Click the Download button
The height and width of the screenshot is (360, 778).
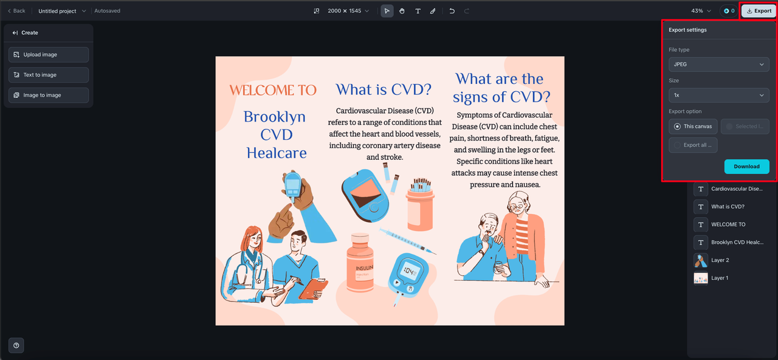pyautogui.click(x=746, y=167)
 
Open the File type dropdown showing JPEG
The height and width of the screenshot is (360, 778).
pyautogui.click(x=718, y=64)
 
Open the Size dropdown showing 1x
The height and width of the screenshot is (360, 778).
pyautogui.click(x=718, y=95)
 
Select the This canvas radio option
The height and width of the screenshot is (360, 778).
pyautogui.click(x=693, y=126)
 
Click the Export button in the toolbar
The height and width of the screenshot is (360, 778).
pyautogui.click(x=759, y=11)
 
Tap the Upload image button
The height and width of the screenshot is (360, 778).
pyautogui.click(x=49, y=55)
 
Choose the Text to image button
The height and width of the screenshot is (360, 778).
pyautogui.click(x=49, y=75)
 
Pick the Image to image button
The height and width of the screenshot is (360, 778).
pyautogui.click(x=49, y=95)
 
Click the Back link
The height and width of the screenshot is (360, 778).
pyautogui.click(x=16, y=11)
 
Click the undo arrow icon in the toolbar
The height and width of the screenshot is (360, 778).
pyautogui.click(x=452, y=11)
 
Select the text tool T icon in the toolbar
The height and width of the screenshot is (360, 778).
pyautogui.click(x=418, y=11)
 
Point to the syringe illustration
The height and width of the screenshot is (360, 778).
pyautogui.click(x=408, y=241)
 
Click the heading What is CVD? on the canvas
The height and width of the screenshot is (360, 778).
pyautogui.click(x=384, y=89)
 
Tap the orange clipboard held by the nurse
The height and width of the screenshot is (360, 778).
pyautogui.click(x=313, y=288)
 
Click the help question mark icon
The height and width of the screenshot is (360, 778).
pyautogui.click(x=16, y=345)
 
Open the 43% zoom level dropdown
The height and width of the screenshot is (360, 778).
pyautogui.click(x=701, y=11)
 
